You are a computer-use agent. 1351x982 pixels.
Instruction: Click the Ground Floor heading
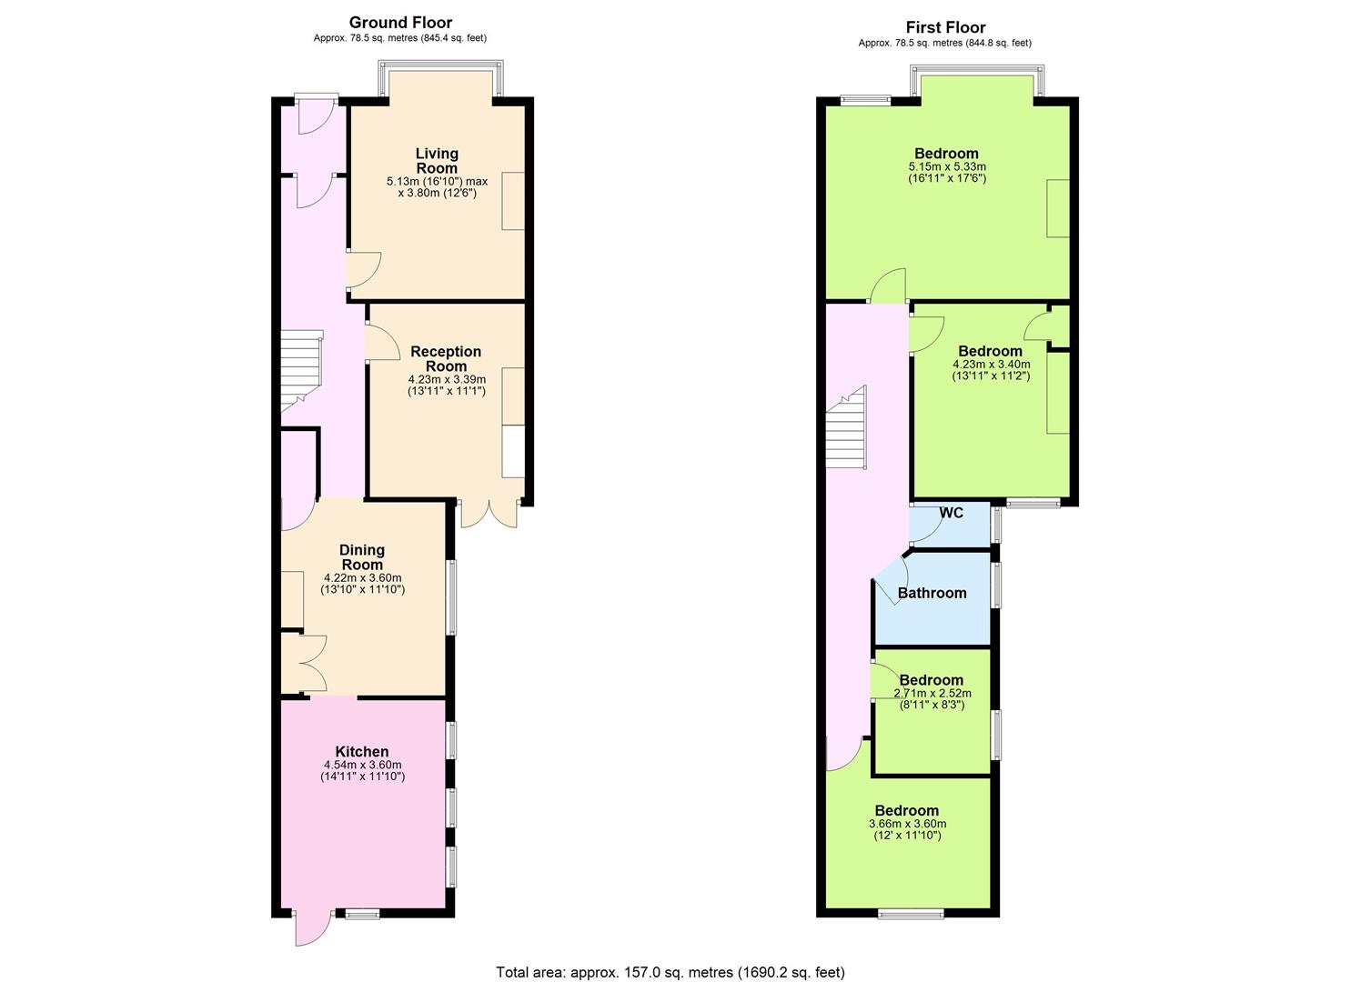pyautogui.click(x=400, y=23)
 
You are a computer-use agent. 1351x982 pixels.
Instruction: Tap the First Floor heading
pyautogui.click(x=945, y=27)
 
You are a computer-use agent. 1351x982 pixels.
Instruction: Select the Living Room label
pyautogui.click(x=437, y=161)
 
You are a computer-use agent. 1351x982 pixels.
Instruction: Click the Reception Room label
pyautogui.click(x=446, y=358)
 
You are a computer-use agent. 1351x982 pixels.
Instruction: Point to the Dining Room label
pyautogui.click(x=362, y=557)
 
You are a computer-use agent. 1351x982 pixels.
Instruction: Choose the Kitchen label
pyautogui.click(x=362, y=752)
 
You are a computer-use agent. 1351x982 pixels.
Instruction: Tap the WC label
pyautogui.click(x=951, y=513)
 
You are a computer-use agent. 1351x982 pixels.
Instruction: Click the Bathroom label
pyautogui.click(x=932, y=593)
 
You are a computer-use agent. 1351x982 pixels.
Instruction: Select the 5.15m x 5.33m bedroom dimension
pyautogui.click(x=947, y=166)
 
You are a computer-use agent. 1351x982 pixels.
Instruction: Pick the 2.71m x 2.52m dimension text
pyautogui.click(x=932, y=693)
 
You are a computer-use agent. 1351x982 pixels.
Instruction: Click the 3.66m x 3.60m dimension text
pyautogui.click(x=907, y=824)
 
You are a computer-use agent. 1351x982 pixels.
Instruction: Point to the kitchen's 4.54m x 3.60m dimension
pyautogui.click(x=362, y=765)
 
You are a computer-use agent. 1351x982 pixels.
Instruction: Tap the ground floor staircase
pyautogui.click(x=300, y=371)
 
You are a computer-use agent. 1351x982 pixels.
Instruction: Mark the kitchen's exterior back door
pyautogui.click(x=311, y=928)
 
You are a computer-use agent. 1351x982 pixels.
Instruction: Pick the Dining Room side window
pyautogui.click(x=451, y=596)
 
